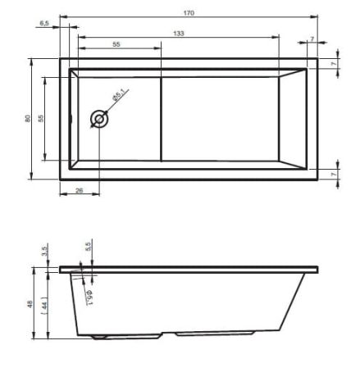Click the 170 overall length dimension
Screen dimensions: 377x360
[x=190, y=11]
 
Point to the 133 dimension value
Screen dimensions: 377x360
[x=179, y=33]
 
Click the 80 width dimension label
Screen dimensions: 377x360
[x=27, y=119]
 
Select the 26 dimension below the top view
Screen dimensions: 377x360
[x=78, y=191]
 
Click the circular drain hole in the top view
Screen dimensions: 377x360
[x=99, y=119]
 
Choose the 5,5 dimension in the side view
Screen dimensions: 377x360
[x=88, y=247]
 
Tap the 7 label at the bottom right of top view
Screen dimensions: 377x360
[x=335, y=175]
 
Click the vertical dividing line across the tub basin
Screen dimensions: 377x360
[x=159, y=119]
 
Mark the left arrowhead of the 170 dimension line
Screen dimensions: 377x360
[x=63, y=16]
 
